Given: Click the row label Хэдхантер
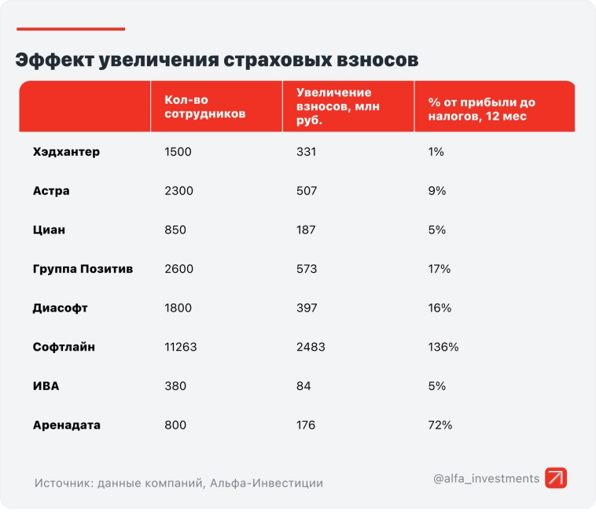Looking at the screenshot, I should click(67, 152).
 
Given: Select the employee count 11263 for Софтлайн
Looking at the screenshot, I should click(182, 347).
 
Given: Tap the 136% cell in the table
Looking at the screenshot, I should click(443, 347).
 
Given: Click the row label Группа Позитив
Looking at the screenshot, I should click(83, 269).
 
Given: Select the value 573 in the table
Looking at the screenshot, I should click(307, 269).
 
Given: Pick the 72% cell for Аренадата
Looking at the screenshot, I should click(440, 425).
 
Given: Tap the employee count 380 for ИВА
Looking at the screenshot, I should click(175, 386).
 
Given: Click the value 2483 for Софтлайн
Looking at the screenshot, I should click(311, 347).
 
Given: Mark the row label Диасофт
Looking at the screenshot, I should click(61, 308).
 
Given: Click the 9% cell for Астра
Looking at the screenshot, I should click(437, 191).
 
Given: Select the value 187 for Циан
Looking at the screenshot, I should click(306, 230).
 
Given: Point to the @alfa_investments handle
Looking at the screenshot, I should click(486, 478).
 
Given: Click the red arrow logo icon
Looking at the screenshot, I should click(556, 478).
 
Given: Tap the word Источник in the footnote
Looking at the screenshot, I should click(63, 483).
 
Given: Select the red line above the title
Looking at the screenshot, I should click(71, 29).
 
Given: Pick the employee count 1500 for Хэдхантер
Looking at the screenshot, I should click(178, 152).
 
